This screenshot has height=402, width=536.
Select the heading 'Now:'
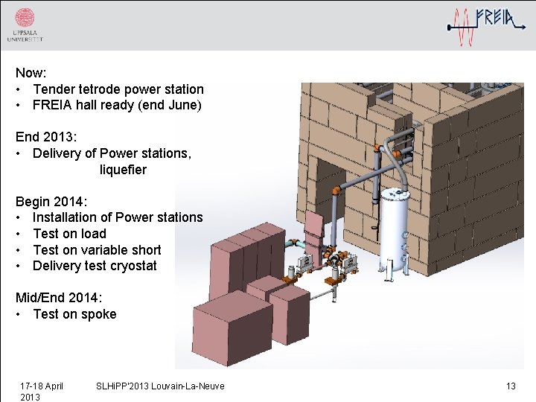tap(31, 73)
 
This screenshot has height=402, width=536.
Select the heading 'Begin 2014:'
tap(51, 201)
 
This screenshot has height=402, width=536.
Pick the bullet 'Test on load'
tap(69, 234)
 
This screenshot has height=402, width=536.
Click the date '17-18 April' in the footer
tap(41, 386)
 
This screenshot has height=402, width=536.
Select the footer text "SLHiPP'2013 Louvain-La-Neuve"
tap(160, 386)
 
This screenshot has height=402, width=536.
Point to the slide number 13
tap(511, 386)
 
